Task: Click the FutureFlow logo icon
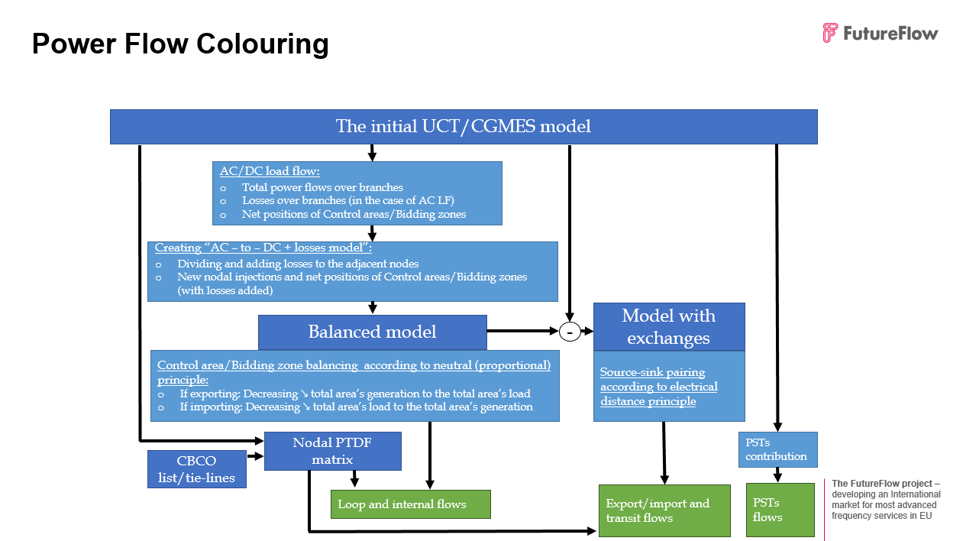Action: pos(830,33)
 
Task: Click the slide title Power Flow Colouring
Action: pos(180,44)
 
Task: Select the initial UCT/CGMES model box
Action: pos(464,127)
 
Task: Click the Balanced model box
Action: pos(372,332)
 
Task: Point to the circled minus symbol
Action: pos(570,332)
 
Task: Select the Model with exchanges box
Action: pos(669,327)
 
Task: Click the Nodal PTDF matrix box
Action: pos(332,451)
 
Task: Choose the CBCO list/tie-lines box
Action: pos(196,470)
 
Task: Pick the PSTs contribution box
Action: pos(777,449)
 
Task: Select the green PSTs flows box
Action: pos(769,510)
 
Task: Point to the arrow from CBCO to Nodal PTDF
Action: pos(254,456)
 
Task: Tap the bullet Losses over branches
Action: pos(348,201)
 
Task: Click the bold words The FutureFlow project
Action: pos(884,484)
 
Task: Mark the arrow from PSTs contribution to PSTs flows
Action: pos(777,475)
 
